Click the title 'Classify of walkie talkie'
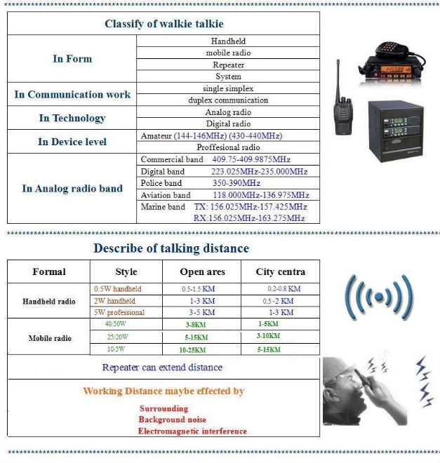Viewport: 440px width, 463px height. click(x=163, y=24)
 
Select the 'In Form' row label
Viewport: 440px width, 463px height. click(x=72, y=59)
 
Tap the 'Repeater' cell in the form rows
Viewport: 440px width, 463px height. click(x=228, y=65)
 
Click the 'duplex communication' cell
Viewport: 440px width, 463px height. click(x=228, y=100)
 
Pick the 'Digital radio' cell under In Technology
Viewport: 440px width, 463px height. click(x=228, y=124)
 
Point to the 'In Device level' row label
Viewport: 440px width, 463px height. click(x=72, y=142)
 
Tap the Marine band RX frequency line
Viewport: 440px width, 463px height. click(x=248, y=218)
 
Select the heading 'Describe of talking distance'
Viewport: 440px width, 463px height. click(x=171, y=248)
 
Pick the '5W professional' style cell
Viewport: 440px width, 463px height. click(x=119, y=312)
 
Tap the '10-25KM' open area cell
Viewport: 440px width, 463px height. click(x=192, y=349)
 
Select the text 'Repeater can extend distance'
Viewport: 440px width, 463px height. click(x=162, y=367)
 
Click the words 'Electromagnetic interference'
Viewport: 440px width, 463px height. click(x=192, y=431)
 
